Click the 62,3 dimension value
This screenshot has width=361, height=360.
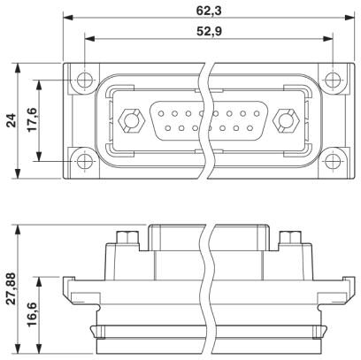pos(209,11)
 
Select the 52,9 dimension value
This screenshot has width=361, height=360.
pos(209,31)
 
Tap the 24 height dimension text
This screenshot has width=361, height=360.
pos(12,120)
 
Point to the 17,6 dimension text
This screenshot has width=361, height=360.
pos(33,119)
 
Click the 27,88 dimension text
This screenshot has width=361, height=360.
pos(12,289)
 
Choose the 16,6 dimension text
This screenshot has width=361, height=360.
pos(33,314)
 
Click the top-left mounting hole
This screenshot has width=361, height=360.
pos(85,80)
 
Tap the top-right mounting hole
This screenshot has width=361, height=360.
pos(333,80)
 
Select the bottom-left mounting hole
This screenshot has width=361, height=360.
pos(85,161)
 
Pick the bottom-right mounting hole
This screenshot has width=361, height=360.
pos(333,161)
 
